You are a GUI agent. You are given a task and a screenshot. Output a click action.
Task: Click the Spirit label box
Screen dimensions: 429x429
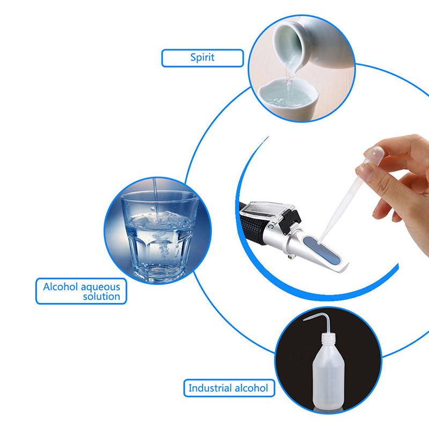(203, 58)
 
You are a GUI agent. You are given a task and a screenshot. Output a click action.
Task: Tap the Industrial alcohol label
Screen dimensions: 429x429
(229, 388)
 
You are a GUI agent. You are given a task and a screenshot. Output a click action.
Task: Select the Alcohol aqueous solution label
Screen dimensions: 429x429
(82, 291)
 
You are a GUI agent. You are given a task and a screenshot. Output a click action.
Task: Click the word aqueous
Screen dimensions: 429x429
(100, 287)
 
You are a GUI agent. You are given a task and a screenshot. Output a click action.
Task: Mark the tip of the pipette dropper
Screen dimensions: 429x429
(319, 242)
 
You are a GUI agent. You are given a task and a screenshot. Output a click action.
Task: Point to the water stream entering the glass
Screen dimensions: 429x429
(155, 196)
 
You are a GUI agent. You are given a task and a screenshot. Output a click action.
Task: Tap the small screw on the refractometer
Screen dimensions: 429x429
(290, 257)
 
